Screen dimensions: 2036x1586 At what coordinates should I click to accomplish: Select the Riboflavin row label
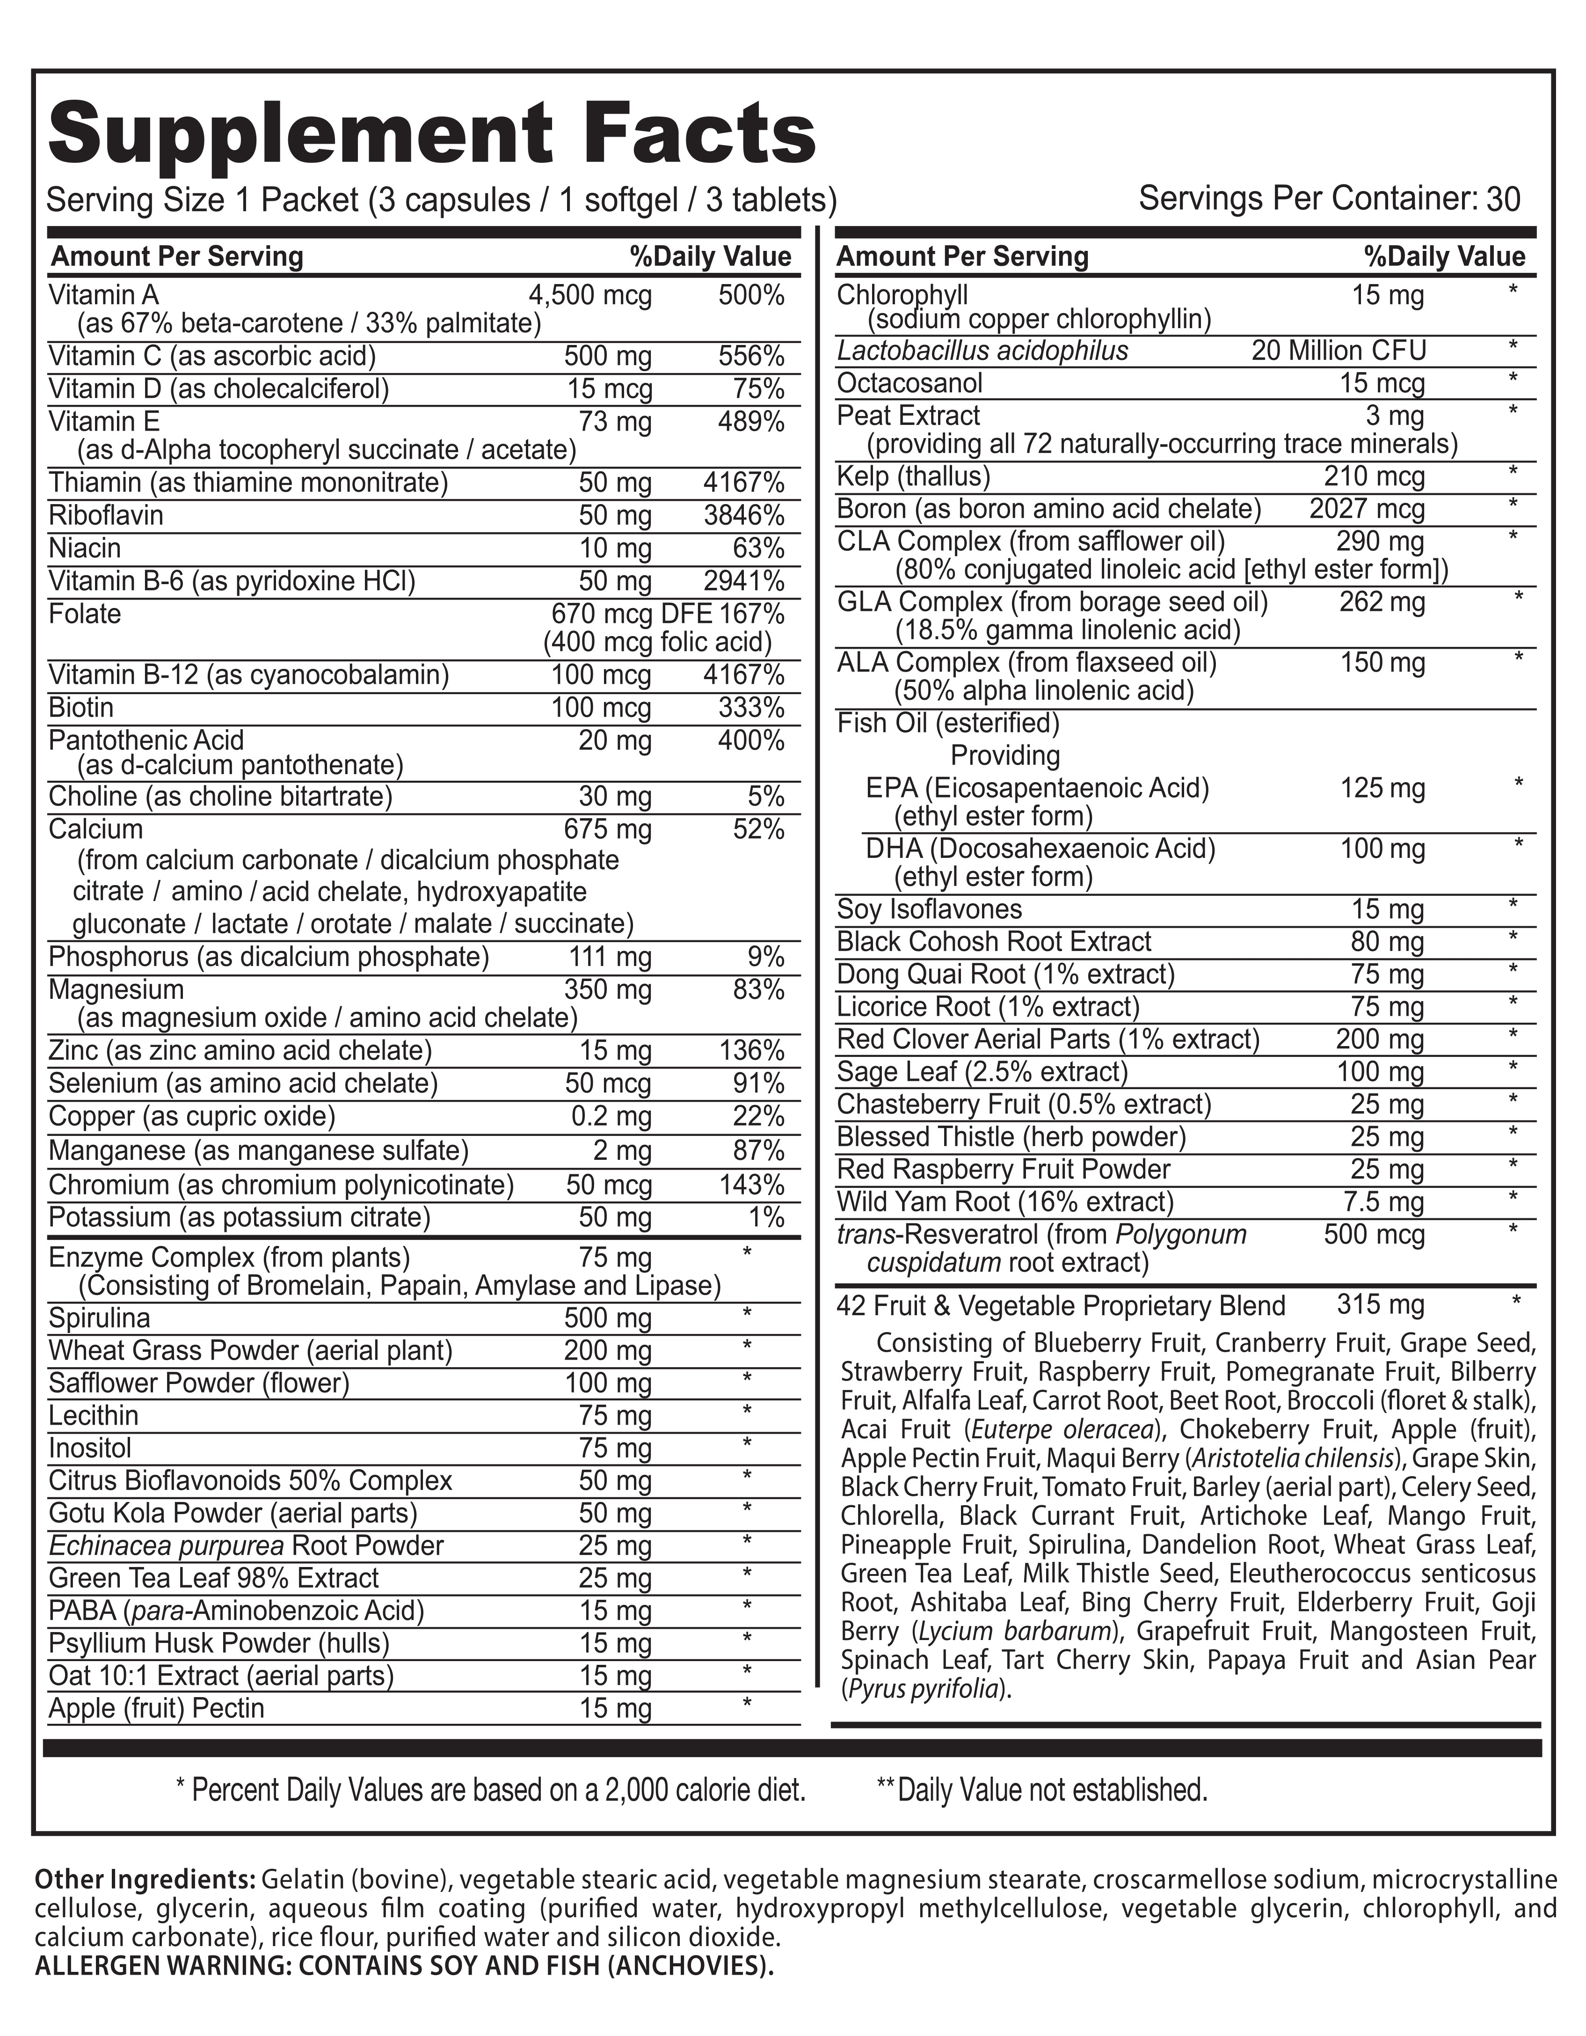105,515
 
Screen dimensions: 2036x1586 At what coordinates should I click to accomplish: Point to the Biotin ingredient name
81,708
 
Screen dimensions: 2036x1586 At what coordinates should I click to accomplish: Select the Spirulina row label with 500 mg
99,1318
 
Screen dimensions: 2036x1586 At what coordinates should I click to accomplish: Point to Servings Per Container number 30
1504,199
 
